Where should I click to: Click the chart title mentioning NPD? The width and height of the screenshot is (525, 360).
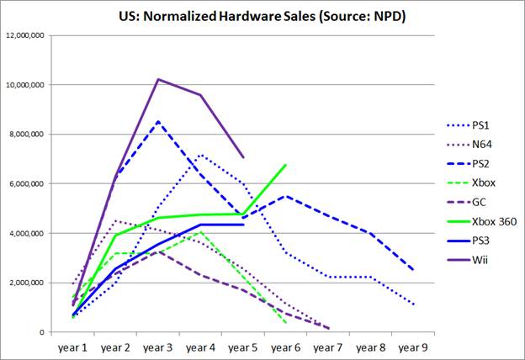(262, 15)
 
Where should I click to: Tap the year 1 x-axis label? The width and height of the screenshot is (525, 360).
(72, 345)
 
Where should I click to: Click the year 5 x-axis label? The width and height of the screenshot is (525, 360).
(243, 345)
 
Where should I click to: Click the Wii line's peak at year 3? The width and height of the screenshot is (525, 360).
(158, 79)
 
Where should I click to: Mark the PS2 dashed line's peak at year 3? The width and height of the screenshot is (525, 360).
(158, 121)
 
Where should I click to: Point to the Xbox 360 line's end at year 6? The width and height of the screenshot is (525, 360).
(286, 165)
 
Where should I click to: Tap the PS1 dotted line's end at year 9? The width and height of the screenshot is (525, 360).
(414, 304)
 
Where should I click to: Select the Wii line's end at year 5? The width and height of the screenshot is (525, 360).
(243, 157)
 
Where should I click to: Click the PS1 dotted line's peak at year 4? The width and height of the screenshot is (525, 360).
(200, 155)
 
